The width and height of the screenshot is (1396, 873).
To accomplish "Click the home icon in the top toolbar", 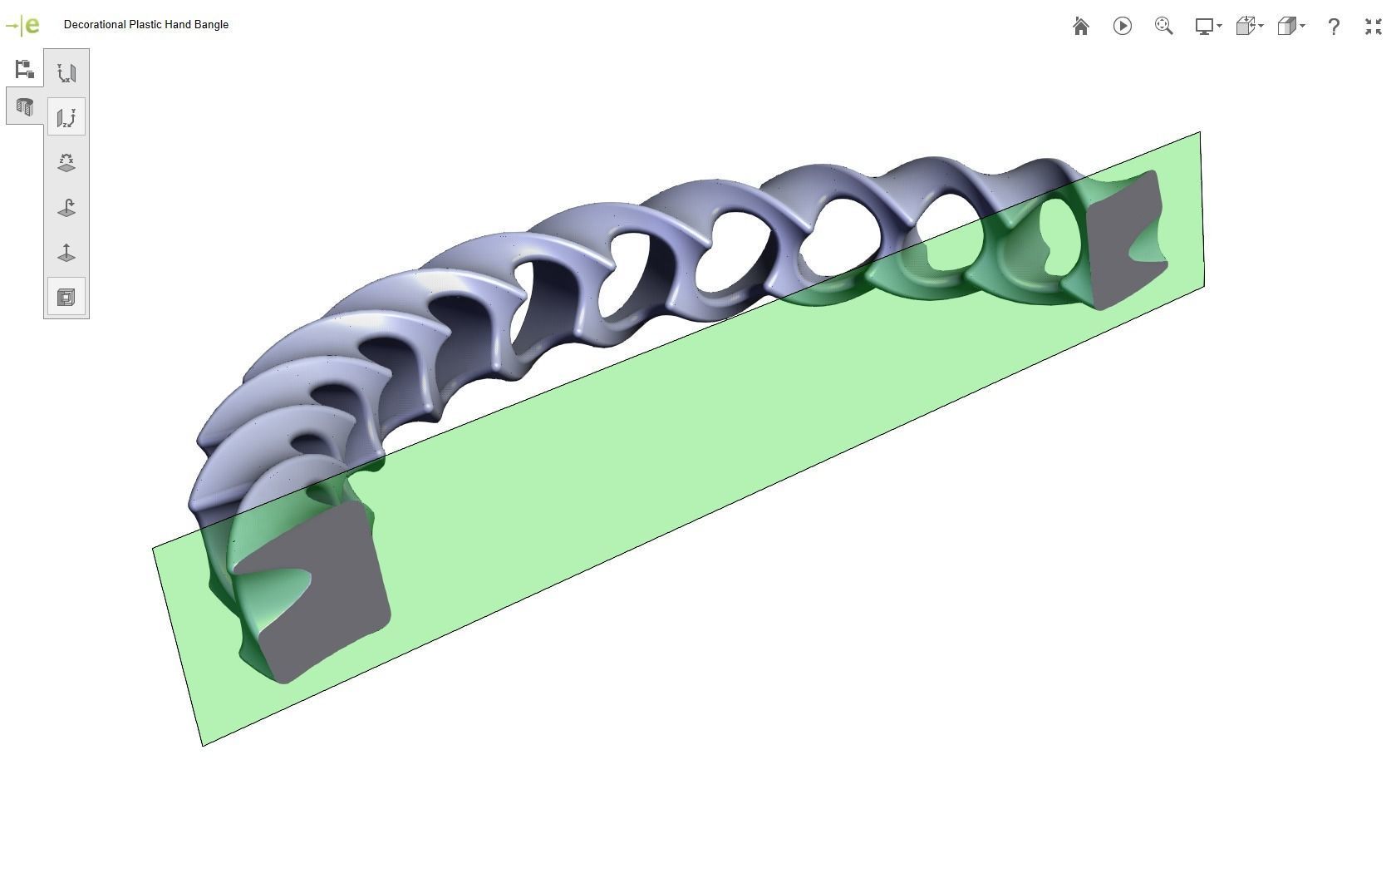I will (1080, 27).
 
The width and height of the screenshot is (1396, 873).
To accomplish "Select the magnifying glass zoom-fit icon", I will (1163, 27).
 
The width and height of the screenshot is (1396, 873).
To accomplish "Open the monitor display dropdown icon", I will (1207, 27).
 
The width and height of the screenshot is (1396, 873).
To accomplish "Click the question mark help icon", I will (1333, 27).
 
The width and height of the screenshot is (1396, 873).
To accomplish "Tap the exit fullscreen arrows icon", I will (1373, 27).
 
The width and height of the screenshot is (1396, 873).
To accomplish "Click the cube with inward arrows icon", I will (1247, 27).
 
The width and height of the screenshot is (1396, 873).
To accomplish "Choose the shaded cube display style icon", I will (1289, 27).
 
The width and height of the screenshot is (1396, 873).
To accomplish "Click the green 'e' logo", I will (32, 25).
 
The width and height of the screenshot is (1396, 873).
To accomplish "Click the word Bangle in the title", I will (211, 25).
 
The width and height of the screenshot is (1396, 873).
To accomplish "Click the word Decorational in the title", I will (94, 25).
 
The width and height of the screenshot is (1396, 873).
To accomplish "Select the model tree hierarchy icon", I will (24, 69).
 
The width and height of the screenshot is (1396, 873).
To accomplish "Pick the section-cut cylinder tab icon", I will (24, 107).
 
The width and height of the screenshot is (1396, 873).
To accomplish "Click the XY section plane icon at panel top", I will (66, 72).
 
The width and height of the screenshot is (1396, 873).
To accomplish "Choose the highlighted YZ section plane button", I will (66, 117).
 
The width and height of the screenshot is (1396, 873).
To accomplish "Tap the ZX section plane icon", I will (66, 162).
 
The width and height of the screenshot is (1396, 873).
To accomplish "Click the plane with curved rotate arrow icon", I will (66, 207).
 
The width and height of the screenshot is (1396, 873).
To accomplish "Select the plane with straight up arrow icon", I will (66, 252).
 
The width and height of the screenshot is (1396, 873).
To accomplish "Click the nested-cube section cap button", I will (66, 297).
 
